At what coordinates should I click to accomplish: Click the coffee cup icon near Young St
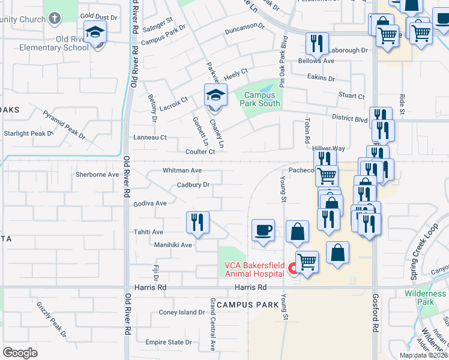pyautogui.click(x=263, y=230)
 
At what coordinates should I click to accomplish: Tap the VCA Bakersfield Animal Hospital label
pyautogui.click(x=253, y=269)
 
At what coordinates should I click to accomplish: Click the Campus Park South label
pyautogui.click(x=261, y=99)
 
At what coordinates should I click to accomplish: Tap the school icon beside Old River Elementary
pyautogui.click(x=95, y=32)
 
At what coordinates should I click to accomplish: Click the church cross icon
pyautogui.click(x=55, y=19)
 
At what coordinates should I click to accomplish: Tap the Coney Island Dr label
pyautogui.click(x=182, y=313)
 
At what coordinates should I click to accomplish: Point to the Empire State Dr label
pyautogui.click(x=168, y=343)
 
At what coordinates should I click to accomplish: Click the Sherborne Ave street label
pyautogui.click(x=97, y=175)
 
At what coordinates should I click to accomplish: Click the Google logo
pyautogui.click(x=20, y=353)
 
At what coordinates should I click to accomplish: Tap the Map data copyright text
pyautogui.click(x=423, y=355)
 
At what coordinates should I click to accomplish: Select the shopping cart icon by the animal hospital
pyautogui.click(x=307, y=261)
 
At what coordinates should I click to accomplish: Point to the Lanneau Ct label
pyautogui.click(x=149, y=137)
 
